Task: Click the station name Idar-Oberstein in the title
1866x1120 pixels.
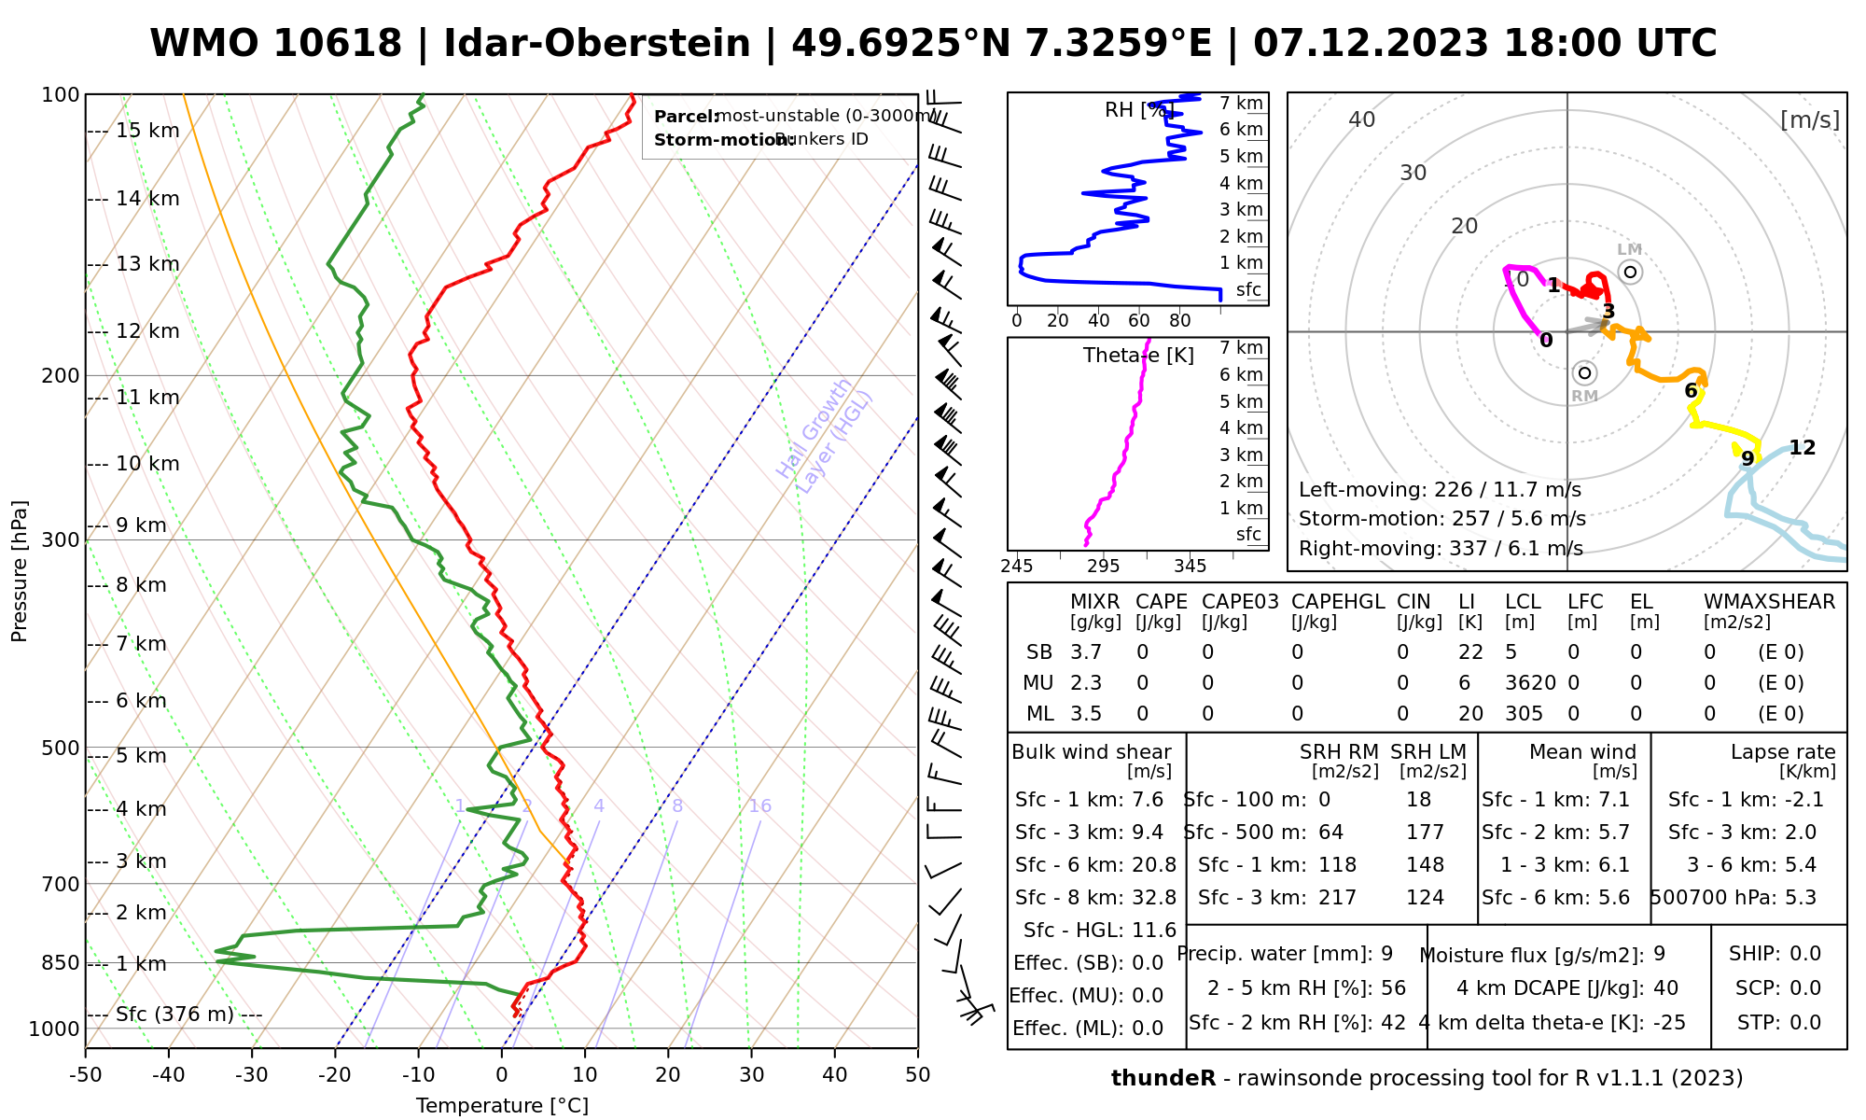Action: point(596,44)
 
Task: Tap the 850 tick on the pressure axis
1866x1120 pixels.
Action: point(61,963)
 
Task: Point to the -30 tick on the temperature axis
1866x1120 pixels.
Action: point(252,1075)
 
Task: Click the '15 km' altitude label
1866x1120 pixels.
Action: point(147,131)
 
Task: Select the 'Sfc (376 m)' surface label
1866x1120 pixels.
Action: point(174,1015)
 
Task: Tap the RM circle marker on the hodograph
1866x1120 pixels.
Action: point(1584,373)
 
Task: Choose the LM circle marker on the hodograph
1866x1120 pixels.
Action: point(1630,272)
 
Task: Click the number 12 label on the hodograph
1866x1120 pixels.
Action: point(1802,448)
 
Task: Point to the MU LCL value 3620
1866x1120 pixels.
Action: point(1530,683)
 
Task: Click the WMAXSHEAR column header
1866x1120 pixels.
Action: point(1769,602)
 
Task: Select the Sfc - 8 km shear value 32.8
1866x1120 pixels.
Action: point(1154,898)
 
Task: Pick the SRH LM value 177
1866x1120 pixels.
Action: point(1425,833)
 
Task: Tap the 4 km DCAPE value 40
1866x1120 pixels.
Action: point(1665,988)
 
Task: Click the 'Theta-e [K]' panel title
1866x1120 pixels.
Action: point(1138,356)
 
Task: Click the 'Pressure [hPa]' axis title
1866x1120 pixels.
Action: point(20,571)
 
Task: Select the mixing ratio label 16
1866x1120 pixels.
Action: point(760,806)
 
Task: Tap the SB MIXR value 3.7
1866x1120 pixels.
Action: point(1086,652)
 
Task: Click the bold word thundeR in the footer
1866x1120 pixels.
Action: point(1163,1079)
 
